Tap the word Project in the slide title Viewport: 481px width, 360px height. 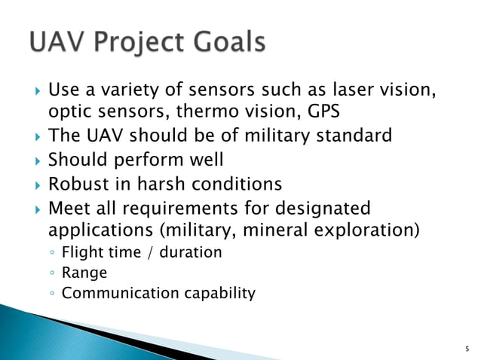133,43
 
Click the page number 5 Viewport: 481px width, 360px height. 466,348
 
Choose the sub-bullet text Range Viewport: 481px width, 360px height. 84,272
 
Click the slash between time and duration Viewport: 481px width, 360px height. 151,252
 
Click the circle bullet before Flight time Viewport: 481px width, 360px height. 52,252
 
